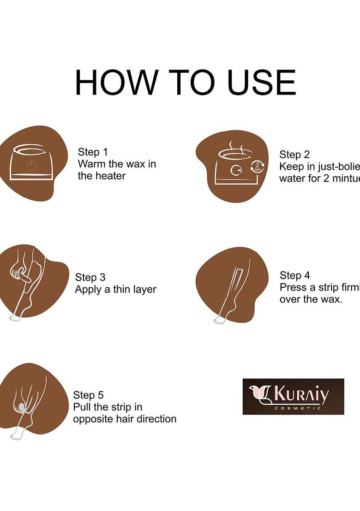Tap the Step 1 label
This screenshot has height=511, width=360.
tap(92, 152)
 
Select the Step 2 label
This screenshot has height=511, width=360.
tap(294, 154)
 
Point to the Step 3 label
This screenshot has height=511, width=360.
tap(90, 277)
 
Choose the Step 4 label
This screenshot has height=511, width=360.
tap(294, 275)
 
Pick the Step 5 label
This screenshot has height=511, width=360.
tap(88, 395)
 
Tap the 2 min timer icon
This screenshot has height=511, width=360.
tap(257, 167)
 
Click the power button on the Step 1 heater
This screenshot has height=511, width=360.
tap(30, 165)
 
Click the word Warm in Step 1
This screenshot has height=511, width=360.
tap(91, 164)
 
